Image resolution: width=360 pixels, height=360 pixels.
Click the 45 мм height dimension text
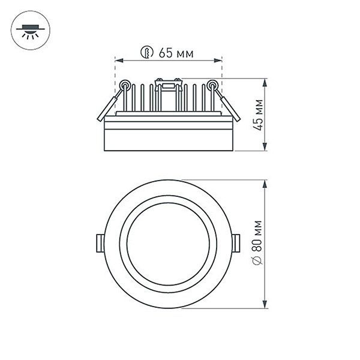[259, 114]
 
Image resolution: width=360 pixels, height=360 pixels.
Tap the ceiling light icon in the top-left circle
[28, 29]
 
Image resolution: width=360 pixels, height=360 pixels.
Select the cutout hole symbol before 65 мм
[146, 53]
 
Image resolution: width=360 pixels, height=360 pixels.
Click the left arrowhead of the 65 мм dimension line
[118, 61]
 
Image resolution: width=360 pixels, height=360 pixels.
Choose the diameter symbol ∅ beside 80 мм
[257, 262]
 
